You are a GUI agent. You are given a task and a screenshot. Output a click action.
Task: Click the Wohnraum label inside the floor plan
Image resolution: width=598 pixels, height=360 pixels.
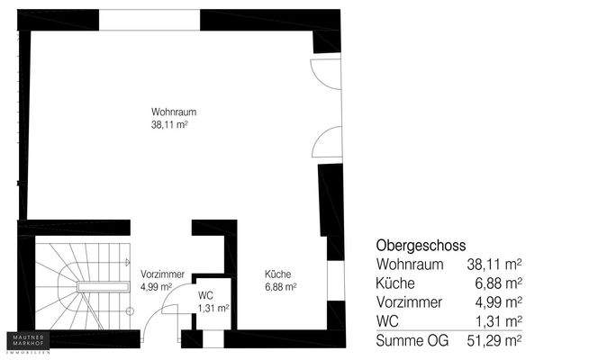(174, 112)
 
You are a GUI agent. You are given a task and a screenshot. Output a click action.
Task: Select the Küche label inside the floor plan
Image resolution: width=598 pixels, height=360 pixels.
(277, 274)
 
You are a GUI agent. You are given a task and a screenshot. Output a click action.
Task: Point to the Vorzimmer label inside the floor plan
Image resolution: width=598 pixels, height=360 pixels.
(162, 274)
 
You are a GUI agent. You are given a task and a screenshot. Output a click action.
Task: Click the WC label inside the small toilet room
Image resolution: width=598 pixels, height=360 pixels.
(205, 294)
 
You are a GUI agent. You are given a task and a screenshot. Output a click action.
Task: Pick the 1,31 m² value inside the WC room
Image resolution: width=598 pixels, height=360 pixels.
(213, 307)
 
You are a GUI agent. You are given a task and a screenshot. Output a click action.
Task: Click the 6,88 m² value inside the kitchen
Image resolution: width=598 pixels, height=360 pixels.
(281, 287)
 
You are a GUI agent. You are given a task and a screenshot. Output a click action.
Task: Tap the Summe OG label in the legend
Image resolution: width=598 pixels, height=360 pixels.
(410, 339)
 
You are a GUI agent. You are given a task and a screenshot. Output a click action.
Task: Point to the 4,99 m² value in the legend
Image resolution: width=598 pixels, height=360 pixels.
(498, 302)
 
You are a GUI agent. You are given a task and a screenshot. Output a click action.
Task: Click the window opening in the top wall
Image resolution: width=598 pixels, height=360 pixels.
(149, 19)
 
